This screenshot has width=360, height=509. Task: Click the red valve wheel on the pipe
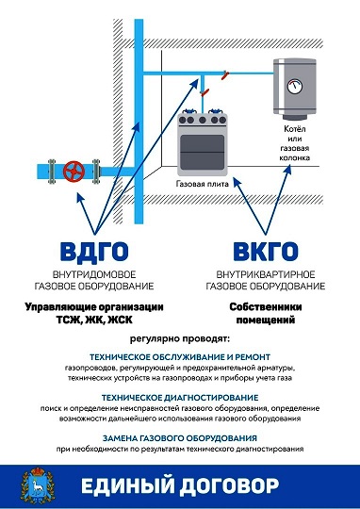coord(74,171)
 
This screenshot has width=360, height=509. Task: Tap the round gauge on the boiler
coord(295,86)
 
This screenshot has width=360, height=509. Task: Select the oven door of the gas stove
coord(203,153)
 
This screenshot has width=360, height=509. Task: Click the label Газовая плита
coord(203,184)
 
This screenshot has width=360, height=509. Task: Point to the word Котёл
coord(295,129)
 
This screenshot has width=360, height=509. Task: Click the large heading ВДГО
coord(94,252)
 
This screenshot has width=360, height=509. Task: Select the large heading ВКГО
coord(266,252)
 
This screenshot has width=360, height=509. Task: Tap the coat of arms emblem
coord(38,485)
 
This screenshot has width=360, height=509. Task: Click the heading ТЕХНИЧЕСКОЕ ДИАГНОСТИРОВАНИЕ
coord(180,398)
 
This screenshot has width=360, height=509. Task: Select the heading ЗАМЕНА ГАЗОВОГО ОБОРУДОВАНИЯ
coord(180,438)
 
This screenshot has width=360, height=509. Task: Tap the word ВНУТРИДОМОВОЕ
coord(94,274)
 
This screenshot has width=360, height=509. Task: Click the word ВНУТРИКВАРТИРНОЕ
coord(266,274)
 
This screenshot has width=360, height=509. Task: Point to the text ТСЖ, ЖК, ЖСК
coord(94,320)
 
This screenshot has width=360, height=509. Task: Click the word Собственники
coord(266,306)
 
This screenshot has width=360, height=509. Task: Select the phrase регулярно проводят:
coord(180,339)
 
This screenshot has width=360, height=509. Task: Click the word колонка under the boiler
coord(295,158)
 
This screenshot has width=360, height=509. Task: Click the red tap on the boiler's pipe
coord(225,75)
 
